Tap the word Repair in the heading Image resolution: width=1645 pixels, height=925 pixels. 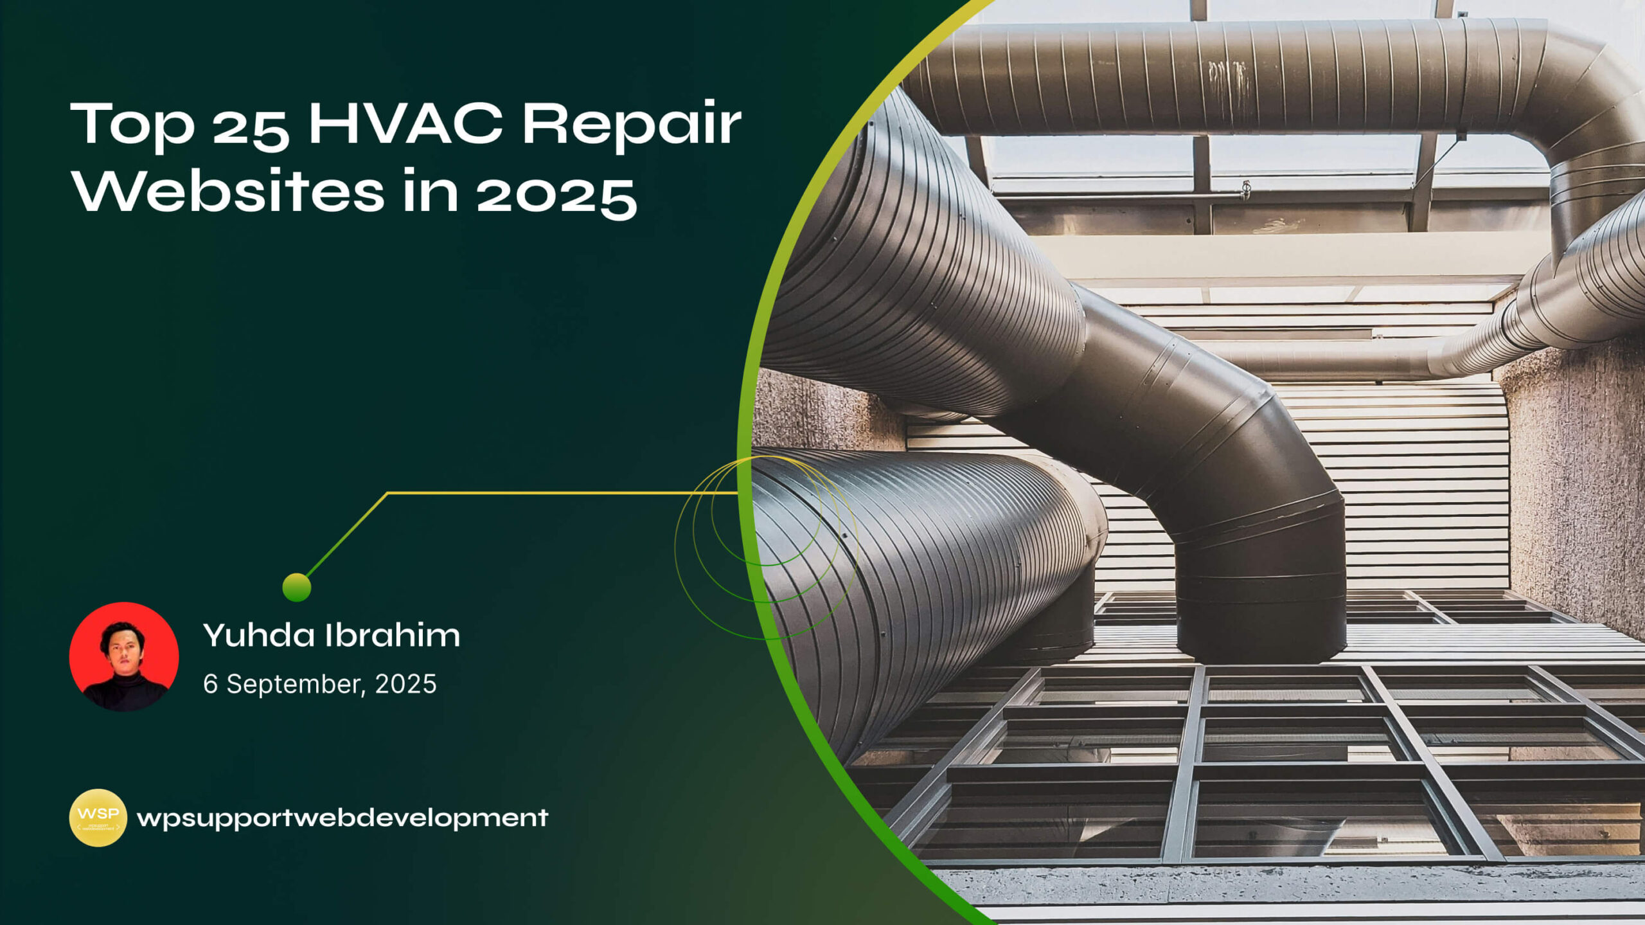[x=632, y=127]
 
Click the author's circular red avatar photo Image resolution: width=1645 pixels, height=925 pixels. [x=124, y=656]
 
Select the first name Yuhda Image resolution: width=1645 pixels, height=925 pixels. [x=259, y=635]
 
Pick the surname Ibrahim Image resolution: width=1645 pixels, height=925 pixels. [x=393, y=635]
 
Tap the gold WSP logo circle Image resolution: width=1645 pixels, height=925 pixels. [x=98, y=818]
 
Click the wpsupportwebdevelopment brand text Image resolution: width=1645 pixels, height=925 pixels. [x=342, y=818]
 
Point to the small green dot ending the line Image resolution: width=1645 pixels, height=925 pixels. [x=297, y=587]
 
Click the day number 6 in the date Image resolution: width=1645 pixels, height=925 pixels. [x=210, y=683]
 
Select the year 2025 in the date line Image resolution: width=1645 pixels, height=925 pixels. [x=405, y=683]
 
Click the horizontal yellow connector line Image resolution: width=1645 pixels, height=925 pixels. [x=562, y=493]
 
